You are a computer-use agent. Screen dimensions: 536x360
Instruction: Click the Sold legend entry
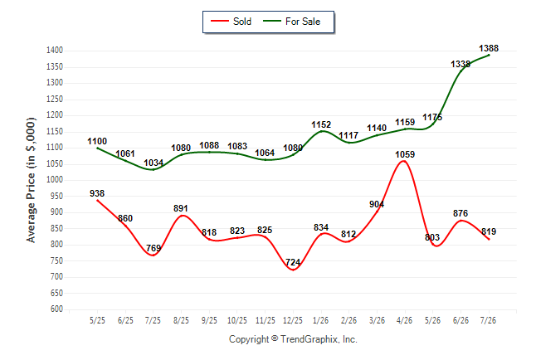(x=231, y=22)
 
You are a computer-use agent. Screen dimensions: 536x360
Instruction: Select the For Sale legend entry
(x=291, y=22)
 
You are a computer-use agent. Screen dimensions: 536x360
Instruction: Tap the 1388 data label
(x=489, y=48)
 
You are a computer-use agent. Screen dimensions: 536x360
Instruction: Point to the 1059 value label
(x=405, y=154)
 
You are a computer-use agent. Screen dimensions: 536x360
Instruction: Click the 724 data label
(x=293, y=262)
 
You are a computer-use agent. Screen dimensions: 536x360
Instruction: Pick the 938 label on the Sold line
(x=97, y=193)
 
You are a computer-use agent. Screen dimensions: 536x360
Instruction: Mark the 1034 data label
(x=153, y=163)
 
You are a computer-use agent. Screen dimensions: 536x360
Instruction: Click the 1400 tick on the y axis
(x=55, y=51)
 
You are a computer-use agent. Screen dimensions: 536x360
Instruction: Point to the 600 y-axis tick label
(x=56, y=309)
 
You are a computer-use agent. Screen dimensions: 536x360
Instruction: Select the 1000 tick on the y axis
(x=55, y=180)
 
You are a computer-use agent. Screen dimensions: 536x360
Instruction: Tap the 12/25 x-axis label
(x=293, y=320)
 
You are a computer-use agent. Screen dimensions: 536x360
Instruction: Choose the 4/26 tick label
(x=404, y=320)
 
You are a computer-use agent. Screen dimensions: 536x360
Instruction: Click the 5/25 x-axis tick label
(x=97, y=320)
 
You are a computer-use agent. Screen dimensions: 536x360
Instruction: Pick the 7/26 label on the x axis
(x=488, y=320)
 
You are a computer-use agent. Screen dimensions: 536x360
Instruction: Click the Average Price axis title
(x=31, y=180)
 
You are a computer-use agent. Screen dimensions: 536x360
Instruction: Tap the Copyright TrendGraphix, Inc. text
(x=293, y=339)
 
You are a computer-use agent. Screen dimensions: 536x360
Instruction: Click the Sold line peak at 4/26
(x=404, y=161)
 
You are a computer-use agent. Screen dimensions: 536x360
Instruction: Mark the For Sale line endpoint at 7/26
(x=489, y=55)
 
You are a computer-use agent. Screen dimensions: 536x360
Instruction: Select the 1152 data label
(x=321, y=124)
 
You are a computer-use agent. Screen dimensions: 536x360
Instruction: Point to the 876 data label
(x=460, y=213)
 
